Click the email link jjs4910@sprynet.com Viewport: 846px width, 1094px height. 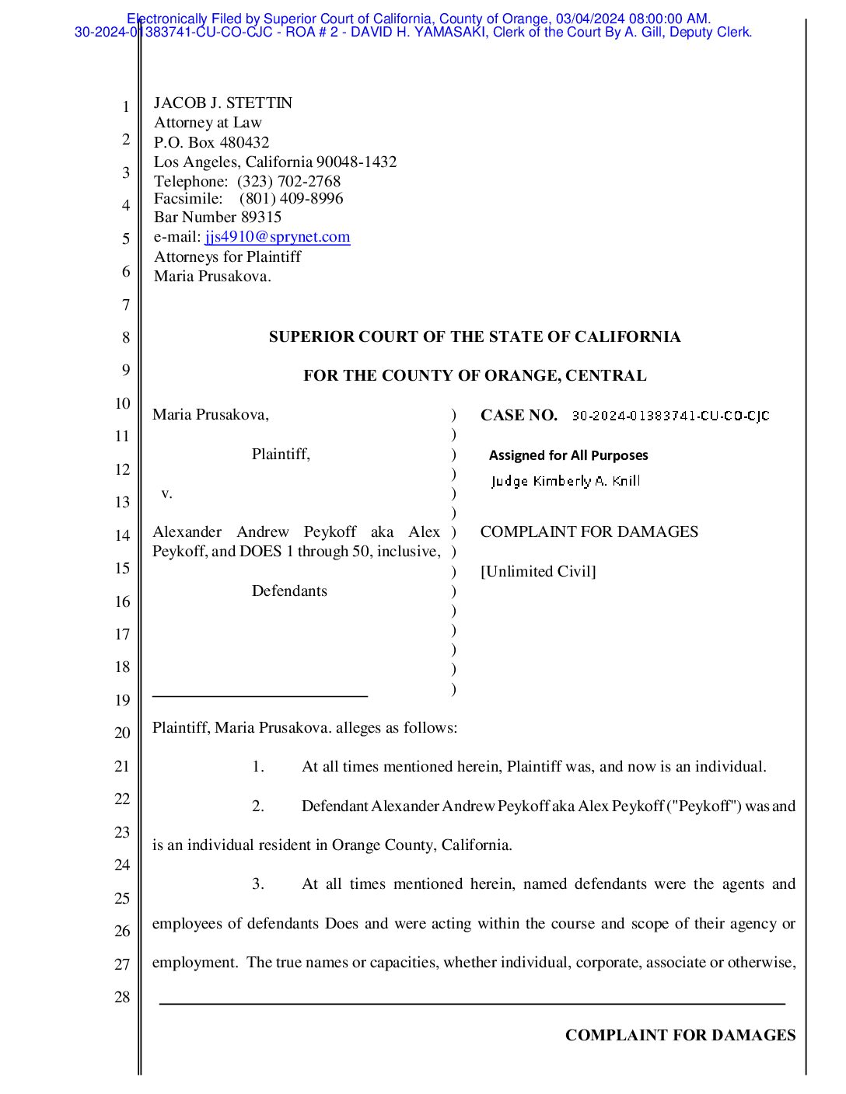pyautogui.click(x=278, y=237)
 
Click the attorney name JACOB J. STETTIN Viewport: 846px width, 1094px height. pyautogui.click(x=223, y=103)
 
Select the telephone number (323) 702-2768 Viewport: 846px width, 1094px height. pyautogui.click(x=288, y=182)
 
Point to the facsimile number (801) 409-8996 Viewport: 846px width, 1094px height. pyautogui.click(x=291, y=199)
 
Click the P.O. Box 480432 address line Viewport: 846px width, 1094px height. pyautogui.click(x=211, y=142)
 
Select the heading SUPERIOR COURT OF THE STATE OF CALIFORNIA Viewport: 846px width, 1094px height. pyautogui.click(x=474, y=337)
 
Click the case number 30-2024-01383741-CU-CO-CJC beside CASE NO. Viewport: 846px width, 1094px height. pyautogui.click(x=670, y=416)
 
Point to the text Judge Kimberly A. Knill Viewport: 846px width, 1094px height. pyautogui.click(x=565, y=481)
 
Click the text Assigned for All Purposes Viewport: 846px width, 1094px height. pyautogui.click(x=568, y=455)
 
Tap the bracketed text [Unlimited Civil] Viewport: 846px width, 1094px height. pyautogui.click(x=538, y=572)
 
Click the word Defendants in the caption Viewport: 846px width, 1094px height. pyautogui.click(x=289, y=591)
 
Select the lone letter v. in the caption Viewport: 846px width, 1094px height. pyautogui.click(x=166, y=493)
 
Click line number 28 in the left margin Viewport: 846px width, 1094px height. pyautogui.click(x=122, y=997)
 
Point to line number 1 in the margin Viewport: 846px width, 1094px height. pyautogui.click(x=125, y=107)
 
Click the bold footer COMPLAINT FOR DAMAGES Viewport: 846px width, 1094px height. pyautogui.click(x=680, y=1035)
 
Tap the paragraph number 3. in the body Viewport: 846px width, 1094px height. pyautogui.click(x=258, y=884)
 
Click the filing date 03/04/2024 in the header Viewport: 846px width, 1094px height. pyautogui.click(x=589, y=19)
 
